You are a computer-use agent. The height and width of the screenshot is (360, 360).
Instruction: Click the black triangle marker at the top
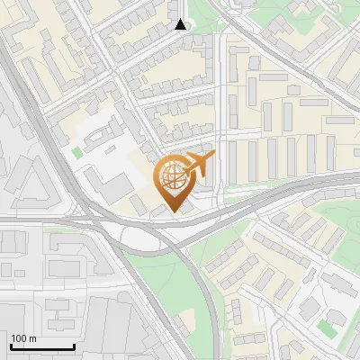[181, 24]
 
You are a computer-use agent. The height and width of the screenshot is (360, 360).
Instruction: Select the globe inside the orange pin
[172, 178]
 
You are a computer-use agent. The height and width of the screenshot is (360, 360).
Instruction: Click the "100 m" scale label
[23, 338]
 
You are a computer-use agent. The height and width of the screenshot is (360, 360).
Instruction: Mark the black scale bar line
[42, 346]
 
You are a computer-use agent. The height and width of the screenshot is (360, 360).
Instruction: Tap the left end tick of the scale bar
[11, 345]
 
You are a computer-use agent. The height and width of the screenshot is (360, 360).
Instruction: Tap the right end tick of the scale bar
[74, 345]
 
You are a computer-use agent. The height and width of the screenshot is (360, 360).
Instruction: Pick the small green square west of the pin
[77, 153]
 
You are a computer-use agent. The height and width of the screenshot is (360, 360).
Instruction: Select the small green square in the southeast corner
[327, 330]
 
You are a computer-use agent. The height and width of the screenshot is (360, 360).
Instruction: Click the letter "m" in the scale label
[32, 338]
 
